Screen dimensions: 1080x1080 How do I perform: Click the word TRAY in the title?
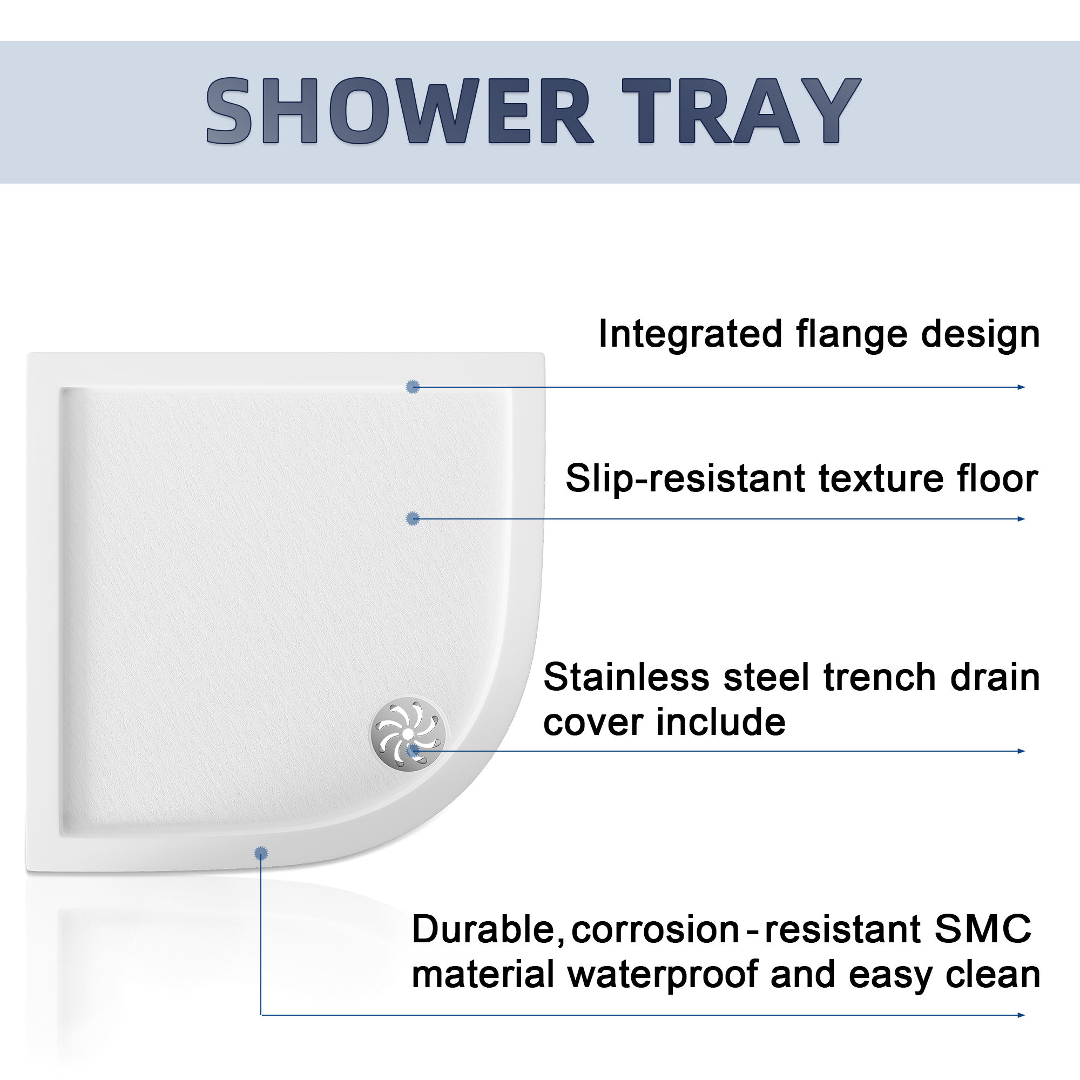741,111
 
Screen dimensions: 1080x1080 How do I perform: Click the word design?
981,334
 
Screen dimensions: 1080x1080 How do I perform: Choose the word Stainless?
626,677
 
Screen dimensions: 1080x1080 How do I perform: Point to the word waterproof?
663,975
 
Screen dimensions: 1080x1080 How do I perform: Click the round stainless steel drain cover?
408,734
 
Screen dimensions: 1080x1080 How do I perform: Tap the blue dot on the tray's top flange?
413,386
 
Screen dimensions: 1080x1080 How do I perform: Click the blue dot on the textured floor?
413,518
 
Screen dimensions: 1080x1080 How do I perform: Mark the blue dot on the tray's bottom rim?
260,853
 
